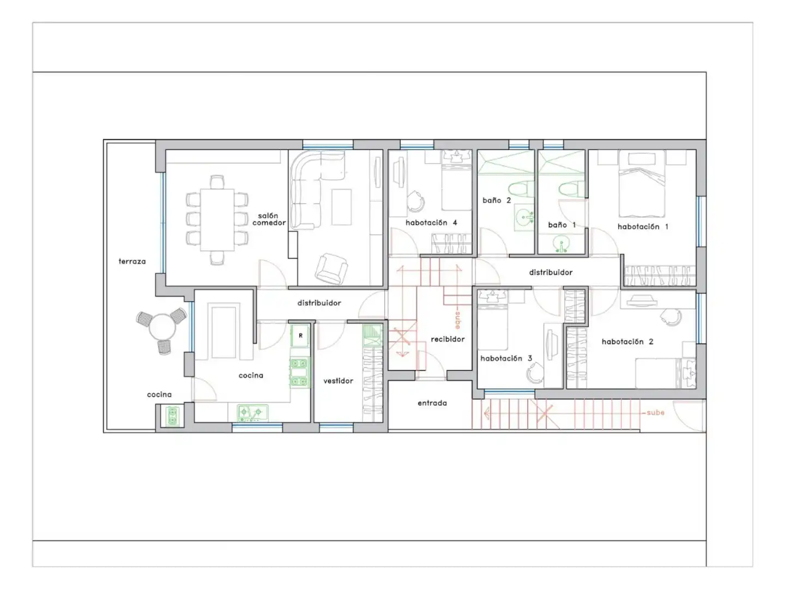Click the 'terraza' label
[132, 261]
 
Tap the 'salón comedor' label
[269, 219]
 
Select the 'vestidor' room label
[338, 381]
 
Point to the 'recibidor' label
[448, 339]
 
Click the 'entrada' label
[432, 403]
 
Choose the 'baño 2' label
[497, 201]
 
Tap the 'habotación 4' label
[431, 223]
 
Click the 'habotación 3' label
[506, 358]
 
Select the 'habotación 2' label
[627, 341]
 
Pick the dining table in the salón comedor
[217, 220]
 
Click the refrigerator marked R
[300, 335]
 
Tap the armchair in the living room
[331, 268]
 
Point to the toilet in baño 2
[521, 189]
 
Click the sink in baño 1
[561, 244]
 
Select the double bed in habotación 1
[642, 184]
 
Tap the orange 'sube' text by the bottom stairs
[656, 412]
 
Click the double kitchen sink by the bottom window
[252, 413]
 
